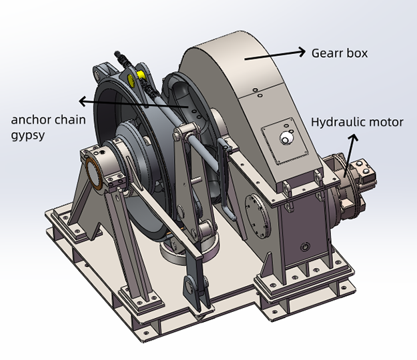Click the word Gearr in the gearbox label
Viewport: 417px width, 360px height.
(x=327, y=51)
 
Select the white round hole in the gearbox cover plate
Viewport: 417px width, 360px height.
(x=285, y=138)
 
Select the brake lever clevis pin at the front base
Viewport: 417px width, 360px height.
(x=192, y=285)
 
